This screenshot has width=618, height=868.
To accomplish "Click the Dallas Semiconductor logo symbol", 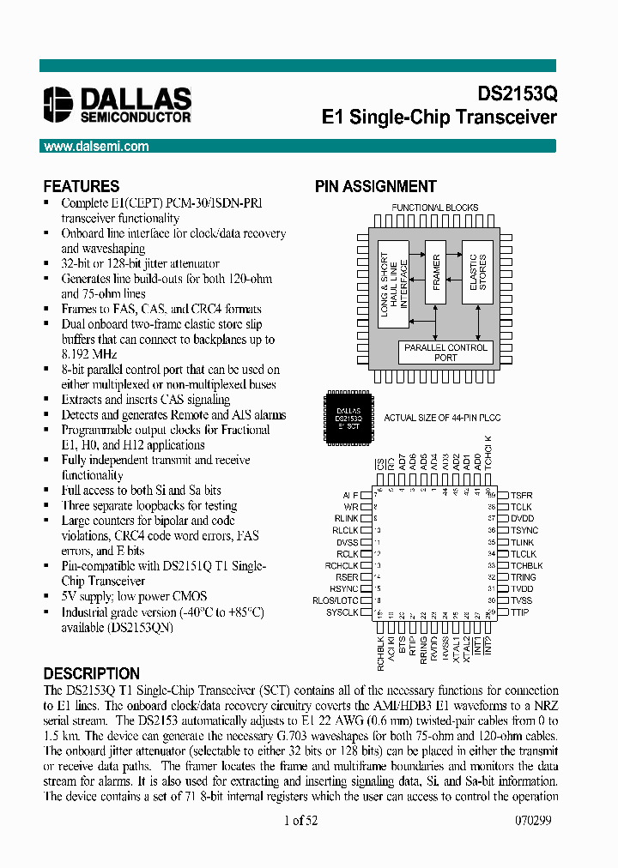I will point(58,105).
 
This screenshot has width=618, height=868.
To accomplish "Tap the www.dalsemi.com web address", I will point(96,147).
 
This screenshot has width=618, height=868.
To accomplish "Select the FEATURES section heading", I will point(82,186).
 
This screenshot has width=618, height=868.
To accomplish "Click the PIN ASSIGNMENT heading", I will point(376,186).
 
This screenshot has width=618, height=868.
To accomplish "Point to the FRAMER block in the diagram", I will point(436,272).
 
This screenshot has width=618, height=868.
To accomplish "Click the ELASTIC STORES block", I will point(478,272).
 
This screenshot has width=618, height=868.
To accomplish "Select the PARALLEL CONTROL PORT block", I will point(445,352).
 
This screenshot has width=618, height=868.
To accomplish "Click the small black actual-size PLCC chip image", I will point(348,417).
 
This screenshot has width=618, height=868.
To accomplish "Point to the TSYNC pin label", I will point(524,530).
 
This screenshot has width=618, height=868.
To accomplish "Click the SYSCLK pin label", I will point(342,612).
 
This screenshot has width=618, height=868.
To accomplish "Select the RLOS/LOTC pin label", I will point(336,600).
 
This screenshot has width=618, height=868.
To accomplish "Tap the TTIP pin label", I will point(520,612).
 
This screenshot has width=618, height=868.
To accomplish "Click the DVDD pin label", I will point(523,519).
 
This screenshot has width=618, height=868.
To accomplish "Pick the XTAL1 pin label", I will point(456,645).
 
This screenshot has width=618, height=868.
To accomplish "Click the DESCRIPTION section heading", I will point(91,674).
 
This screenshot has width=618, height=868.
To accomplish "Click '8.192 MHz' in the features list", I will point(89,353).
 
